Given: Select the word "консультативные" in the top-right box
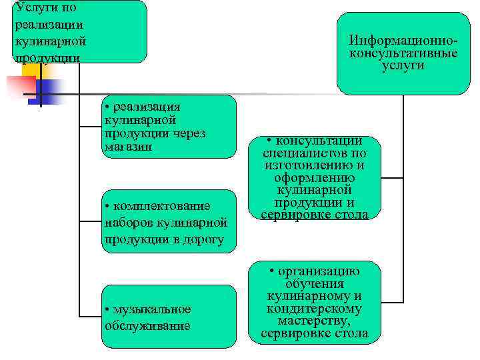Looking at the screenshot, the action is click(403, 53).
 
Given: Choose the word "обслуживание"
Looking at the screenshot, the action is click(147, 326).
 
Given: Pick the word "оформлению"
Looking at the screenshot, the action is click(314, 178).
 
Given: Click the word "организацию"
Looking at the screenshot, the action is click(319, 271).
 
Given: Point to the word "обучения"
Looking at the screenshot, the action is click(314, 284).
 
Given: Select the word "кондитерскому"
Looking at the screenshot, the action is click(314, 309).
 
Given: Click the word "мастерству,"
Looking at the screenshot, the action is click(314, 321).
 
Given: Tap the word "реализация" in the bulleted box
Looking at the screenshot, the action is click(147, 107).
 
